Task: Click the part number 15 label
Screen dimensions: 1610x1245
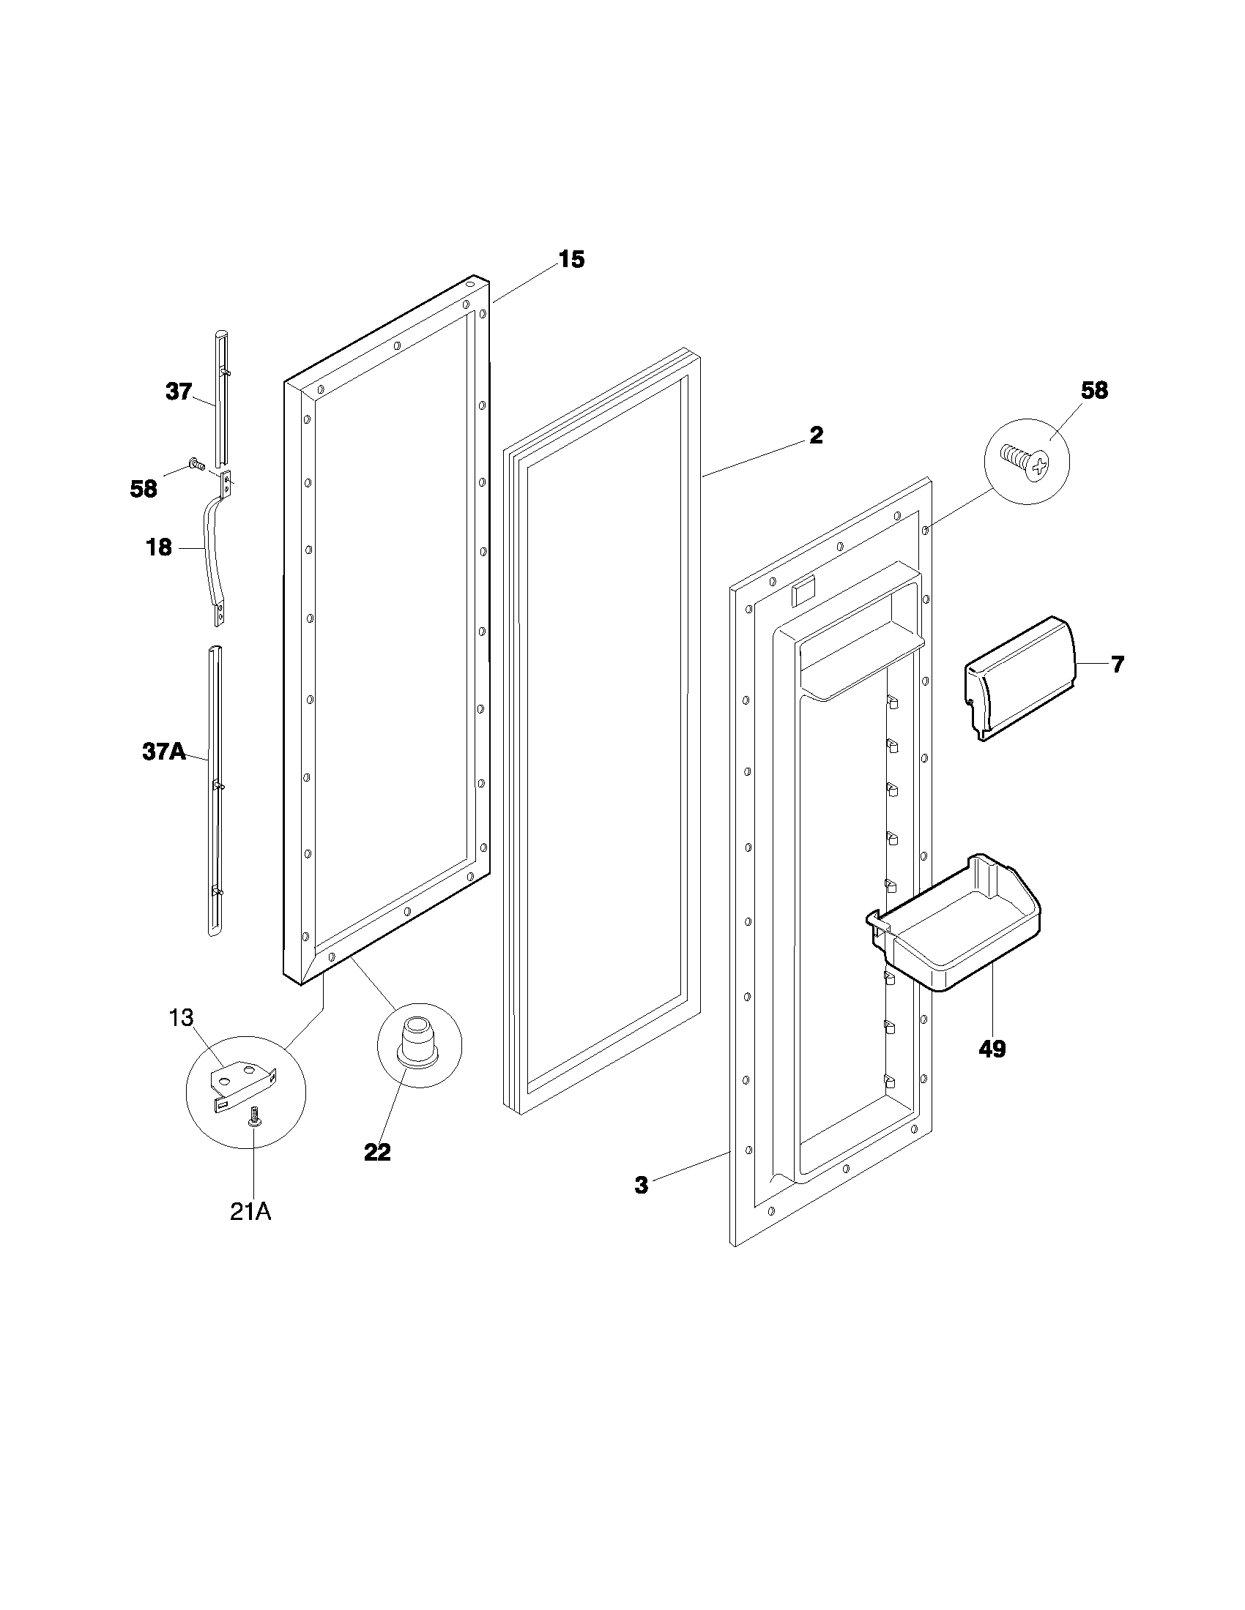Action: click(571, 260)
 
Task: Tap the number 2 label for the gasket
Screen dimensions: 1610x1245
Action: click(816, 435)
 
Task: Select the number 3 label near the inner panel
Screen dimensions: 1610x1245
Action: click(641, 1186)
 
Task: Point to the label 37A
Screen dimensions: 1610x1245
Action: click(163, 752)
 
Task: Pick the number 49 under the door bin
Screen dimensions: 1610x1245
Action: click(992, 1048)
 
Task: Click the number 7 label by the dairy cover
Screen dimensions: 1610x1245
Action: click(1118, 664)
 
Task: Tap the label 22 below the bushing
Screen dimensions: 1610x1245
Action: click(377, 1152)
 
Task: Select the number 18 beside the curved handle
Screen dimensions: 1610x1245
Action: click(160, 547)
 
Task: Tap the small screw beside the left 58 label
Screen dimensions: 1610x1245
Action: click(197, 464)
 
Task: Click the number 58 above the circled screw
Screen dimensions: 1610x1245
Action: click(1094, 391)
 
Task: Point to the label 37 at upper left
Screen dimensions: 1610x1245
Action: click(179, 392)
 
